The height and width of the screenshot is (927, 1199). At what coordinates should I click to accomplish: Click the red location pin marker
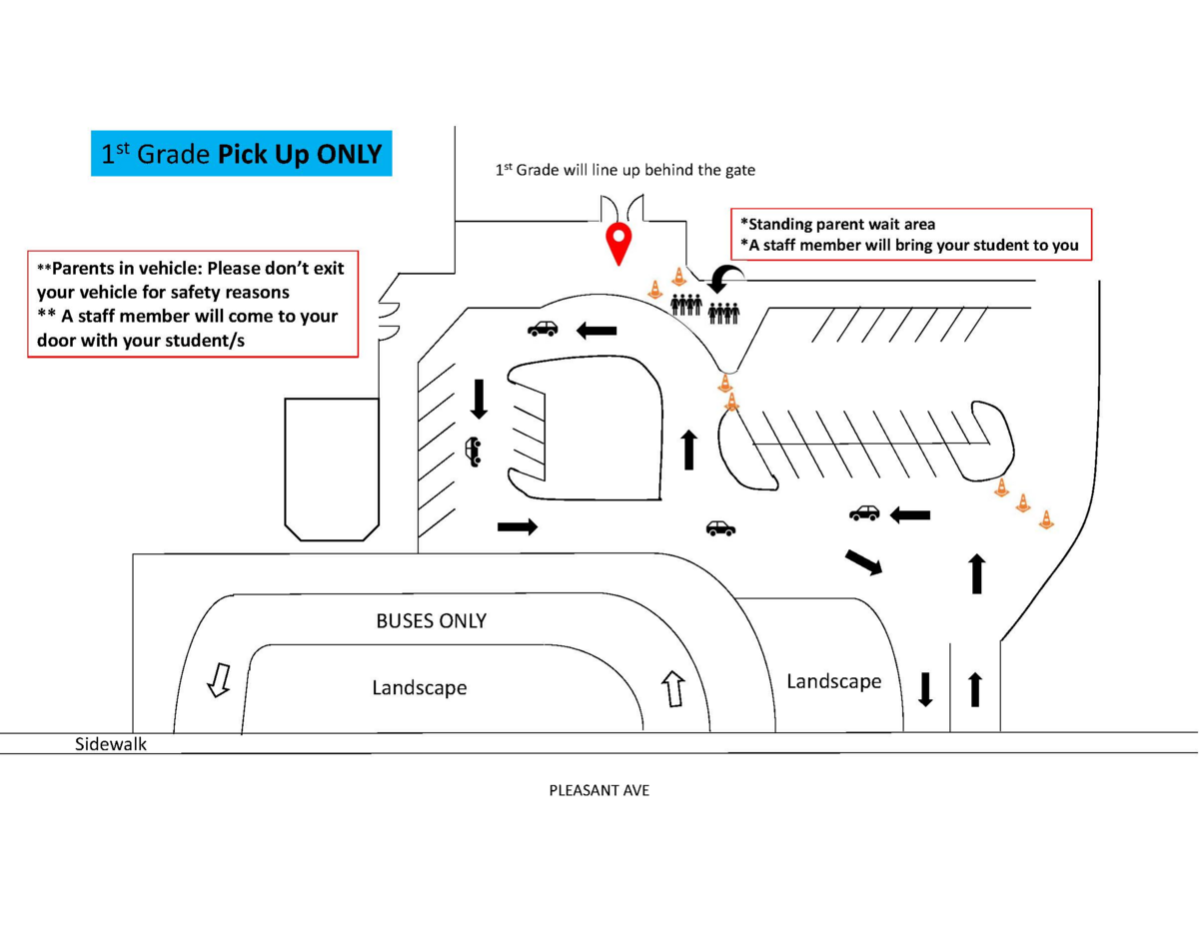click(619, 243)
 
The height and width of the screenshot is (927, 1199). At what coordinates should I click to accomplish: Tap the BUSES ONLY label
click(431, 621)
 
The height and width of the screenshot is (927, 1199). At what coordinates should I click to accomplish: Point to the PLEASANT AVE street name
click(599, 790)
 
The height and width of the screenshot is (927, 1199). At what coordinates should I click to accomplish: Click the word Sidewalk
click(111, 744)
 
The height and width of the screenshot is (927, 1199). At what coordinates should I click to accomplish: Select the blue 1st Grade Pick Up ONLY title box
click(241, 154)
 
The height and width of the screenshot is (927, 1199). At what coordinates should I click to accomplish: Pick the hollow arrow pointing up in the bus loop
click(672, 688)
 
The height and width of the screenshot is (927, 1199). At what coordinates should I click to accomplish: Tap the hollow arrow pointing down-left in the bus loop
click(217, 679)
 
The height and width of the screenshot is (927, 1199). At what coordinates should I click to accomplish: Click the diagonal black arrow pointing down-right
click(863, 562)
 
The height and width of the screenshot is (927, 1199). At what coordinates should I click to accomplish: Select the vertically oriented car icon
click(473, 452)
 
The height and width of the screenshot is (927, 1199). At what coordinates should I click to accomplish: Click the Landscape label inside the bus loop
click(420, 688)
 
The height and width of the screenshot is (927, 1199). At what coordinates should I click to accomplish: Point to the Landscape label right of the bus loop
click(833, 681)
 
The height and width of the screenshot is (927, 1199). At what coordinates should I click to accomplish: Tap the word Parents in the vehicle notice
click(84, 268)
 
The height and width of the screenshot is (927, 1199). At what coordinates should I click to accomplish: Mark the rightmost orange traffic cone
click(1046, 519)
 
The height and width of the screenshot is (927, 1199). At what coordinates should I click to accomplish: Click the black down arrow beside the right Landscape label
click(925, 688)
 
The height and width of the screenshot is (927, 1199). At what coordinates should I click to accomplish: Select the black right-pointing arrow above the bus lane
click(517, 526)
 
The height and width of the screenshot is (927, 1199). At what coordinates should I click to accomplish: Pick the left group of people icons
click(686, 305)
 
